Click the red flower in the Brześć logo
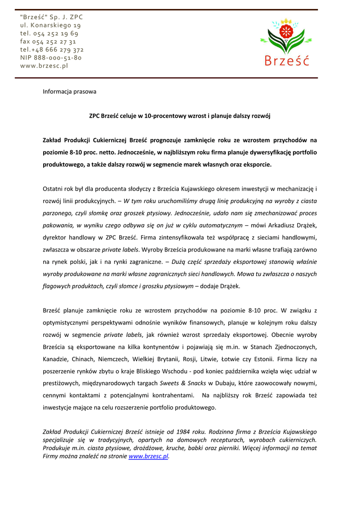(x=287, y=32)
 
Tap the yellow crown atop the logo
(x=287, y=22)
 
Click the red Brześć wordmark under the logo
(x=287, y=61)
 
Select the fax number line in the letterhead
(x=48, y=42)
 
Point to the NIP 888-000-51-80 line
(x=51, y=58)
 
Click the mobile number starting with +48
(x=52, y=50)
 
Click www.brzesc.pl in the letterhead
(x=44, y=66)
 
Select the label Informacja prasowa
(x=70, y=92)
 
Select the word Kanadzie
(x=56, y=359)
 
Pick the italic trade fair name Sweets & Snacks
(x=183, y=383)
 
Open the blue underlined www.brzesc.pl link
(x=148, y=456)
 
